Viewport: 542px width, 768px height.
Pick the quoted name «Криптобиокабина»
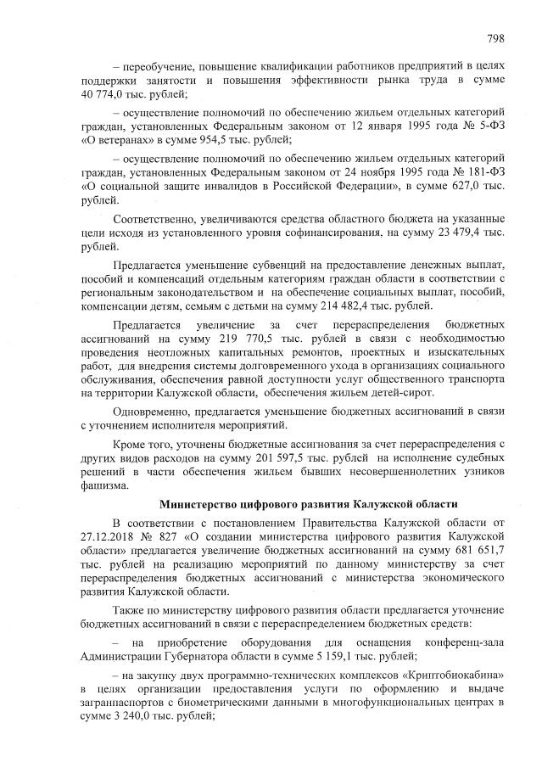pos(447,674)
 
